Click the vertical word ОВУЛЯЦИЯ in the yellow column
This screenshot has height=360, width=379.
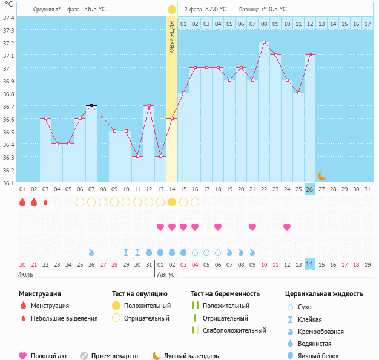coord(172,36)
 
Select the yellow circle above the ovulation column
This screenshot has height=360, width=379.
coord(172,10)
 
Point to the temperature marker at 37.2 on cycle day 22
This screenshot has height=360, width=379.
coord(263,42)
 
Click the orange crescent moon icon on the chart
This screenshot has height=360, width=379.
coord(321,175)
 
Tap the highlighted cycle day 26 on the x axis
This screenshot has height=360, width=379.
coord(309,189)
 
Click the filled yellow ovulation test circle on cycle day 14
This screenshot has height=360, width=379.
coord(172,202)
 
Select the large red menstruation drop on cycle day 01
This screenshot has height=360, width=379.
coord(22,202)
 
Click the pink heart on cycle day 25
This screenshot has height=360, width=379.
coord(287,227)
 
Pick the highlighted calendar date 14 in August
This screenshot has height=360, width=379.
coord(309,264)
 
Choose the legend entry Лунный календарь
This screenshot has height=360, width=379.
coord(189,356)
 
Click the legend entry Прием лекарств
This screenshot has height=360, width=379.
coord(114,356)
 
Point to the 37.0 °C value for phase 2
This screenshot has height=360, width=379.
coord(216,10)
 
